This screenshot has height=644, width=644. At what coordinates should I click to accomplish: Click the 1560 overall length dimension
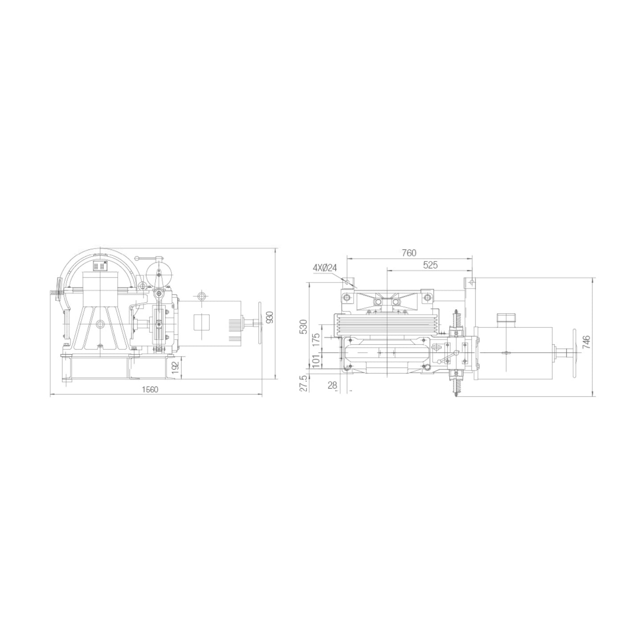pos(150,389)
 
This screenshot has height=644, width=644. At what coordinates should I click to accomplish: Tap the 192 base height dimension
pos(175,368)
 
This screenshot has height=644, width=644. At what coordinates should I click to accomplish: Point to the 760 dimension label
pos(409,253)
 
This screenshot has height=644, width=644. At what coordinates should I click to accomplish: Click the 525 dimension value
pos(430,265)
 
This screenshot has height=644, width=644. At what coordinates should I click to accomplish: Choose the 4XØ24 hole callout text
pos(324,268)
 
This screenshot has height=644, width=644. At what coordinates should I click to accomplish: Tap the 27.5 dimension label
pos(304,383)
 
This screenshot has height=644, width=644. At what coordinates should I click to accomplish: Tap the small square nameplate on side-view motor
pos(202,322)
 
